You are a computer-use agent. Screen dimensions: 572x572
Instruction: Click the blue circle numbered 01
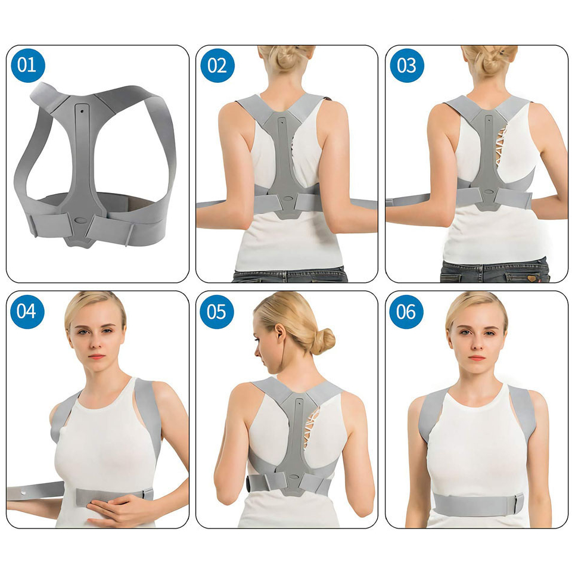click(x=28, y=66)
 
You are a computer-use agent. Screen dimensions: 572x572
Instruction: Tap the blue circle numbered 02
click(x=217, y=66)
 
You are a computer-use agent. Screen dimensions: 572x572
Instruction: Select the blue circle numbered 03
click(x=407, y=66)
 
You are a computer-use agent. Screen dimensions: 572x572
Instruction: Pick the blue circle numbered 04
click(x=27, y=312)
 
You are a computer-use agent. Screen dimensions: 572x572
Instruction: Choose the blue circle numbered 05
click(x=217, y=312)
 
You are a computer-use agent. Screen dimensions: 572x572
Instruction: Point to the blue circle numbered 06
click(x=406, y=312)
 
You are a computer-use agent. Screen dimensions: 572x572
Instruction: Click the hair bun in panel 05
click(x=323, y=341)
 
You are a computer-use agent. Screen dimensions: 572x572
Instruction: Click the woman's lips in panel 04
click(x=97, y=356)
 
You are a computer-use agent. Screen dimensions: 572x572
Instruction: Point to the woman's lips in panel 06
click(x=477, y=358)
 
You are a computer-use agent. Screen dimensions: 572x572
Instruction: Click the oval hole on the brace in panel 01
click(x=80, y=220)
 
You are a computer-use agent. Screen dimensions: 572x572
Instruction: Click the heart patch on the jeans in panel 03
click(x=531, y=278)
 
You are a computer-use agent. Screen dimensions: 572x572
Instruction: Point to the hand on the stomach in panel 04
click(x=117, y=509)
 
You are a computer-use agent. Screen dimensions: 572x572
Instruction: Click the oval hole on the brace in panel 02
click(x=288, y=199)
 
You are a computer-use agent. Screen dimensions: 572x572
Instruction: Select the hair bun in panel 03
click(x=491, y=58)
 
